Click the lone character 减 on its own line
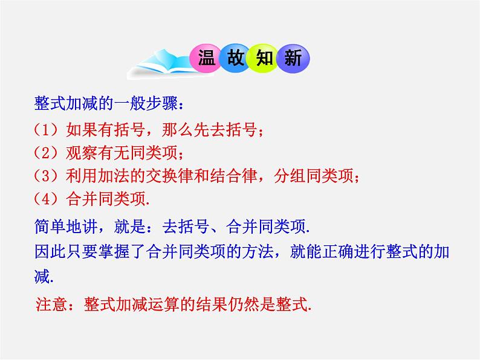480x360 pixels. (x=42, y=276)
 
